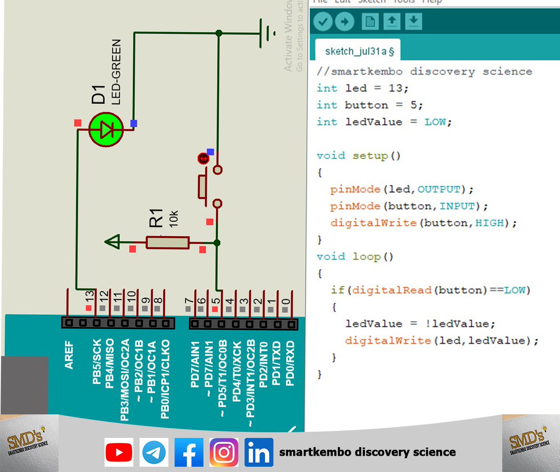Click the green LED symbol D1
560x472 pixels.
click(x=106, y=130)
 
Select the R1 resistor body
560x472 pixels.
click(x=168, y=243)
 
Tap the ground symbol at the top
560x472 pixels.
click(x=267, y=34)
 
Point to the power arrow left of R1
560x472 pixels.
click(x=112, y=242)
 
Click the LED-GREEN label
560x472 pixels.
click(x=116, y=72)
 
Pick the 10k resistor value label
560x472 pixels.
click(x=174, y=219)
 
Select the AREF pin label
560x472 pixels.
click(x=69, y=355)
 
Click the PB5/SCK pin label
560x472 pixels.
click(x=97, y=362)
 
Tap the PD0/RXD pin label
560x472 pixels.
click(x=290, y=363)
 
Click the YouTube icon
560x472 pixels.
click(x=119, y=452)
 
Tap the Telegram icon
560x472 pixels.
click(x=154, y=452)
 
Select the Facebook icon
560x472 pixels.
click(x=189, y=452)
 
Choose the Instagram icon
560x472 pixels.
click(x=224, y=452)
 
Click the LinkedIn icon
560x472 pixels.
click(x=259, y=452)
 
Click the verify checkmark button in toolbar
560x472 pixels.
click(x=323, y=21)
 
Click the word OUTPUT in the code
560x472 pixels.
click(x=439, y=189)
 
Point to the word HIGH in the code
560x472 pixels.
click(x=490, y=223)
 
